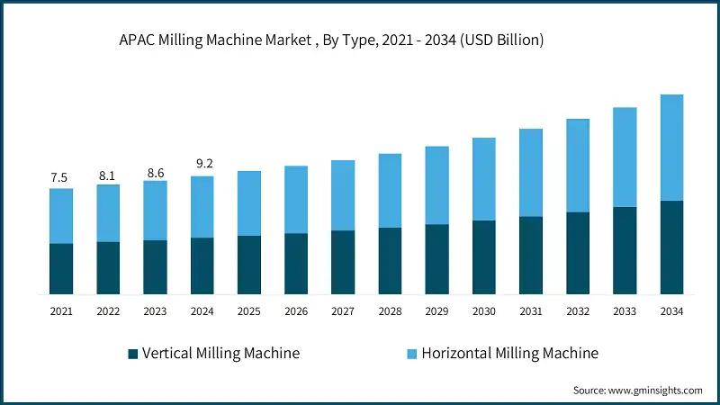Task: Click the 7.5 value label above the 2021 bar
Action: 60,177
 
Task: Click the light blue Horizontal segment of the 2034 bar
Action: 671,148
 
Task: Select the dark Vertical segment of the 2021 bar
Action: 61,268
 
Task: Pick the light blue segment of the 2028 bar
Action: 390,191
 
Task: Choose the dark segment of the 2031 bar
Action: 531,255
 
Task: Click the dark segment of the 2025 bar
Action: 248,265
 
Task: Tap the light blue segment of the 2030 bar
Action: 483,179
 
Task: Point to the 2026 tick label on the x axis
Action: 296,311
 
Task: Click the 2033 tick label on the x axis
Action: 625,311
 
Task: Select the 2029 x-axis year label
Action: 436,311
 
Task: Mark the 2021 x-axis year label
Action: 61,311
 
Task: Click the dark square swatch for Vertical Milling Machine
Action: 133,354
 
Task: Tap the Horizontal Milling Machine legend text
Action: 509,353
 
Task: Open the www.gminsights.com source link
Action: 655,391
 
